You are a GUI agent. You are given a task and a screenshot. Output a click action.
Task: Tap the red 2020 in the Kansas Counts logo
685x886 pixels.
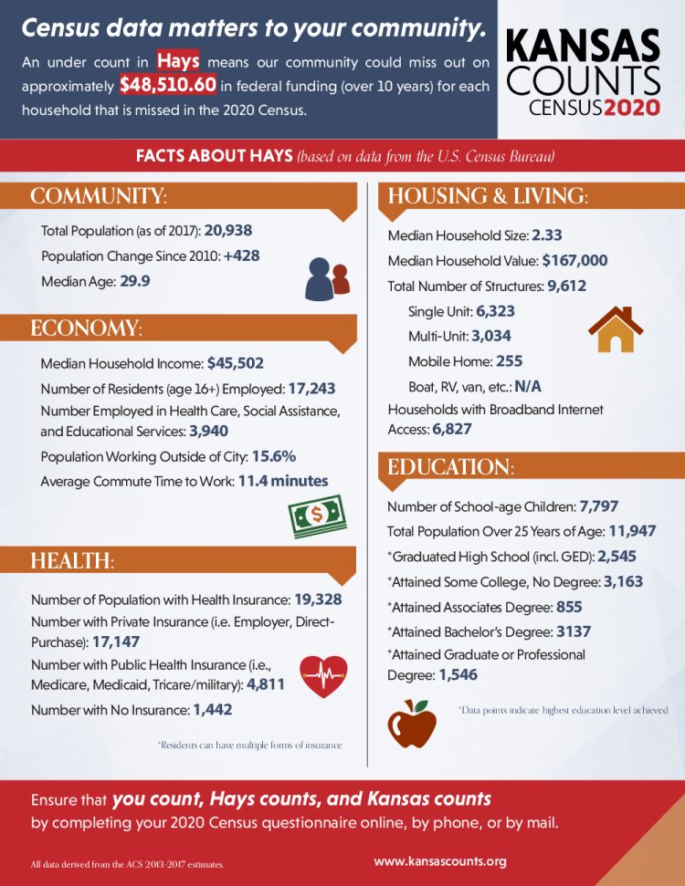[x=631, y=108]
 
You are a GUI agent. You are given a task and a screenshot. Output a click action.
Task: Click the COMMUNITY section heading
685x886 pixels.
[x=99, y=197]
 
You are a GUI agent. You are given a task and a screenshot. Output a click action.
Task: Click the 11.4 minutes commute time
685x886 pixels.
[x=283, y=480]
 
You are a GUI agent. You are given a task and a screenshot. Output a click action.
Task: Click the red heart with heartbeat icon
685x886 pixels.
[x=323, y=677]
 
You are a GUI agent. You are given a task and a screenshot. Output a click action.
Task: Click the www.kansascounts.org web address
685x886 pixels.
[x=440, y=860]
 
